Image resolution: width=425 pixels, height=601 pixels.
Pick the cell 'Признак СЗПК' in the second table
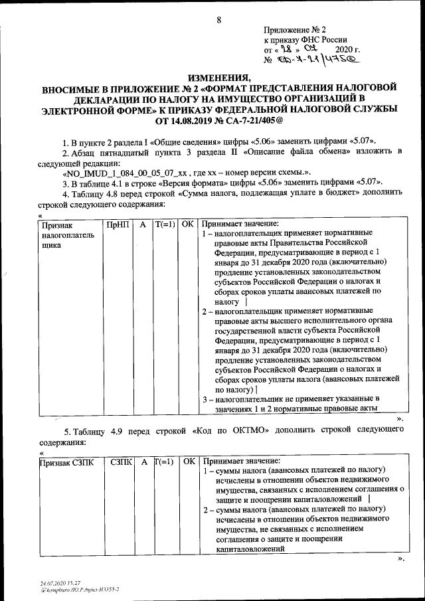pos(66,461)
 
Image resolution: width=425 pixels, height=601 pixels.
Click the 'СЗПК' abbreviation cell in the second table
pos(123,461)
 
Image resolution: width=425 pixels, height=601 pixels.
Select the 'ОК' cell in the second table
pos(189,461)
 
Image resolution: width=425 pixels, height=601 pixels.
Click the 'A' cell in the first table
pos(141,224)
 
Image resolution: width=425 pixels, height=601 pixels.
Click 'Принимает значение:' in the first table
pos(240,224)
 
